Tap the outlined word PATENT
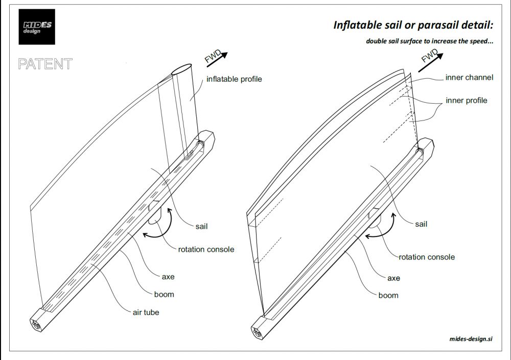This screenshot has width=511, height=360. point(45,64)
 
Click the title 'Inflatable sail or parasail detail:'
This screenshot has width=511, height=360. point(413,25)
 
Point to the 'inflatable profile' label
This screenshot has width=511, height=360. point(234,79)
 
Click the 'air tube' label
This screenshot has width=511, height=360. point(146,312)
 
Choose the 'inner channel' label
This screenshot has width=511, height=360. point(469,78)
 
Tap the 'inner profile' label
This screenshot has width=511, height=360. point(467,100)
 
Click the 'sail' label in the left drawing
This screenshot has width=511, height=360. point(201,226)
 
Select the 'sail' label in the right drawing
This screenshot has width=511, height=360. point(421,224)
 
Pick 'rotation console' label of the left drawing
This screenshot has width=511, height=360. point(206,249)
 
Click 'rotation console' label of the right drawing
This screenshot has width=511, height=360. point(427,257)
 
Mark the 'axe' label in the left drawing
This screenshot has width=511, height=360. point(168,277)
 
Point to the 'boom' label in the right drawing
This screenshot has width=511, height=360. point(388,295)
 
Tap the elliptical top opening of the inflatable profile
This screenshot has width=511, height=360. point(182,70)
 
